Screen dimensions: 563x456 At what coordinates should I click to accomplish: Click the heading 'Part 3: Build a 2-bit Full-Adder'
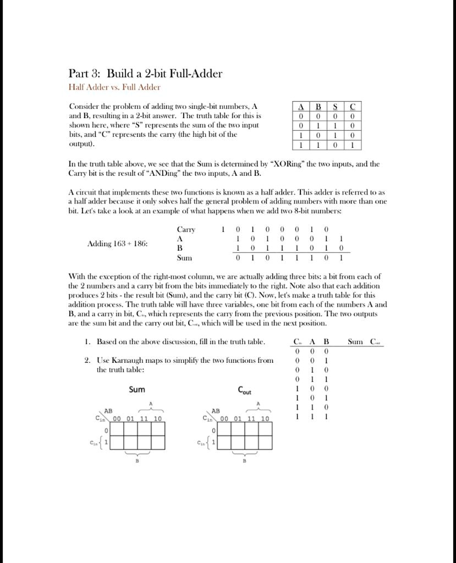(x=145, y=74)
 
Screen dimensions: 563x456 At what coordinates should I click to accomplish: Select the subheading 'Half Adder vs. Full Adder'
(x=114, y=87)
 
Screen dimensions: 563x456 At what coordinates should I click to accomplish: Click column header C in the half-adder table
(x=353, y=107)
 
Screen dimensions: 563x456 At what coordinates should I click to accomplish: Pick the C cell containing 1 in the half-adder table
(x=353, y=145)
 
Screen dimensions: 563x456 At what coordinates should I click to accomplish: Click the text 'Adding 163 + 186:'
(x=117, y=244)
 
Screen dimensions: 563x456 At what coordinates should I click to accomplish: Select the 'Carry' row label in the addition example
(x=186, y=230)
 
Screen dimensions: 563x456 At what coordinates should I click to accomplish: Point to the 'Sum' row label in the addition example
(x=184, y=257)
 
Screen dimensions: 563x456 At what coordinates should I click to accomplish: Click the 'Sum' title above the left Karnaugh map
(x=137, y=389)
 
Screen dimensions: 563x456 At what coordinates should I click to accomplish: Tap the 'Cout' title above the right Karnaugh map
(x=244, y=390)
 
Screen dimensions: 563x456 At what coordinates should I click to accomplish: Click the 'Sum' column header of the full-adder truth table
(x=356, y=342)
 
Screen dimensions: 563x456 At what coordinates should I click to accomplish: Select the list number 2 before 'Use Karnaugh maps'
(x=87, y=361)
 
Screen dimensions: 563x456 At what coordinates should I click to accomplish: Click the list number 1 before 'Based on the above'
(x=87, y=342)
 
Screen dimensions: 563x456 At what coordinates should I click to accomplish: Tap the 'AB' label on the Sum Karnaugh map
(x=108, y=411)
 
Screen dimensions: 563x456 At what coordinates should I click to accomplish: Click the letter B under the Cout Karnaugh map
(x=244, y=461)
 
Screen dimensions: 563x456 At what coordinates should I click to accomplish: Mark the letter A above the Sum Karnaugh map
(x=151, y=404)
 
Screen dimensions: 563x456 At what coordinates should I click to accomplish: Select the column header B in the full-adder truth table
(x=326, y=342)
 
